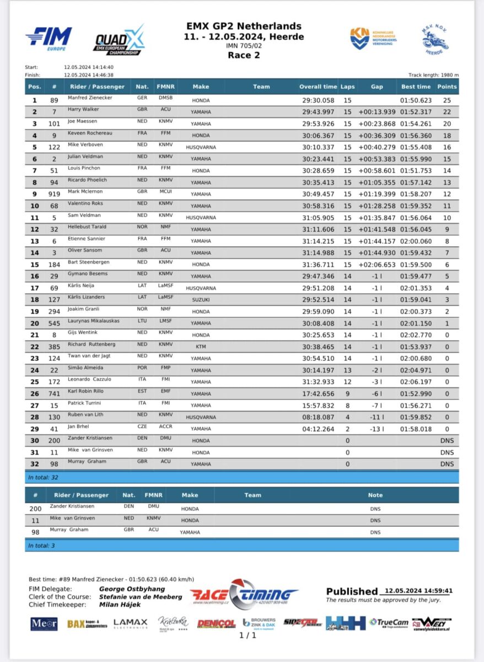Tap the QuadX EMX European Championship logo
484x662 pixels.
119,40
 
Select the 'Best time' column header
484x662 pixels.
416,87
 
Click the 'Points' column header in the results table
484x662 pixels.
447,87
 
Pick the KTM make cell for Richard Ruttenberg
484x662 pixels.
201,347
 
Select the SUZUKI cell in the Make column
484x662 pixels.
201,300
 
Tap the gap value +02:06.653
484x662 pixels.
377,265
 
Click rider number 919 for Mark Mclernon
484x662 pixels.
55,194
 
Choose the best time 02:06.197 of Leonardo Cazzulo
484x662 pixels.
416,382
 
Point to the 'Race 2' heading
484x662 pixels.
244,55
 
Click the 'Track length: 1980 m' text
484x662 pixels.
433,75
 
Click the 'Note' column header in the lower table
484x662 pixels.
375,495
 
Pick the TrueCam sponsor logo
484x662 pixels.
389,623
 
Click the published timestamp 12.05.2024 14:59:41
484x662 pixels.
418,590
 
